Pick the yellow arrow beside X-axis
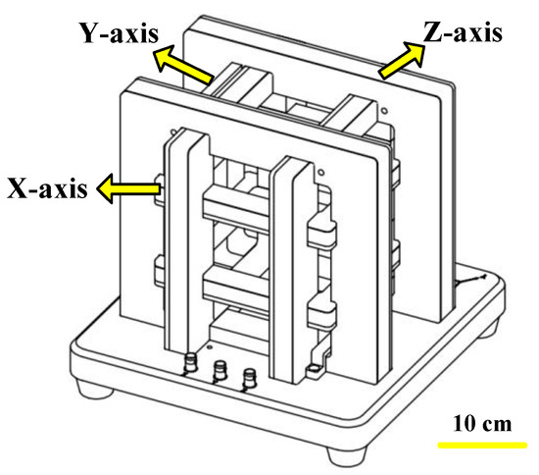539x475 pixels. [124, 186]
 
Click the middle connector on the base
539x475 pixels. [220, 372]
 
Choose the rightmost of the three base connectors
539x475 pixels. [251, 377]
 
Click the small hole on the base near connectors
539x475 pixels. [207, 348]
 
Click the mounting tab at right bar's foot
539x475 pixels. [315, 370]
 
